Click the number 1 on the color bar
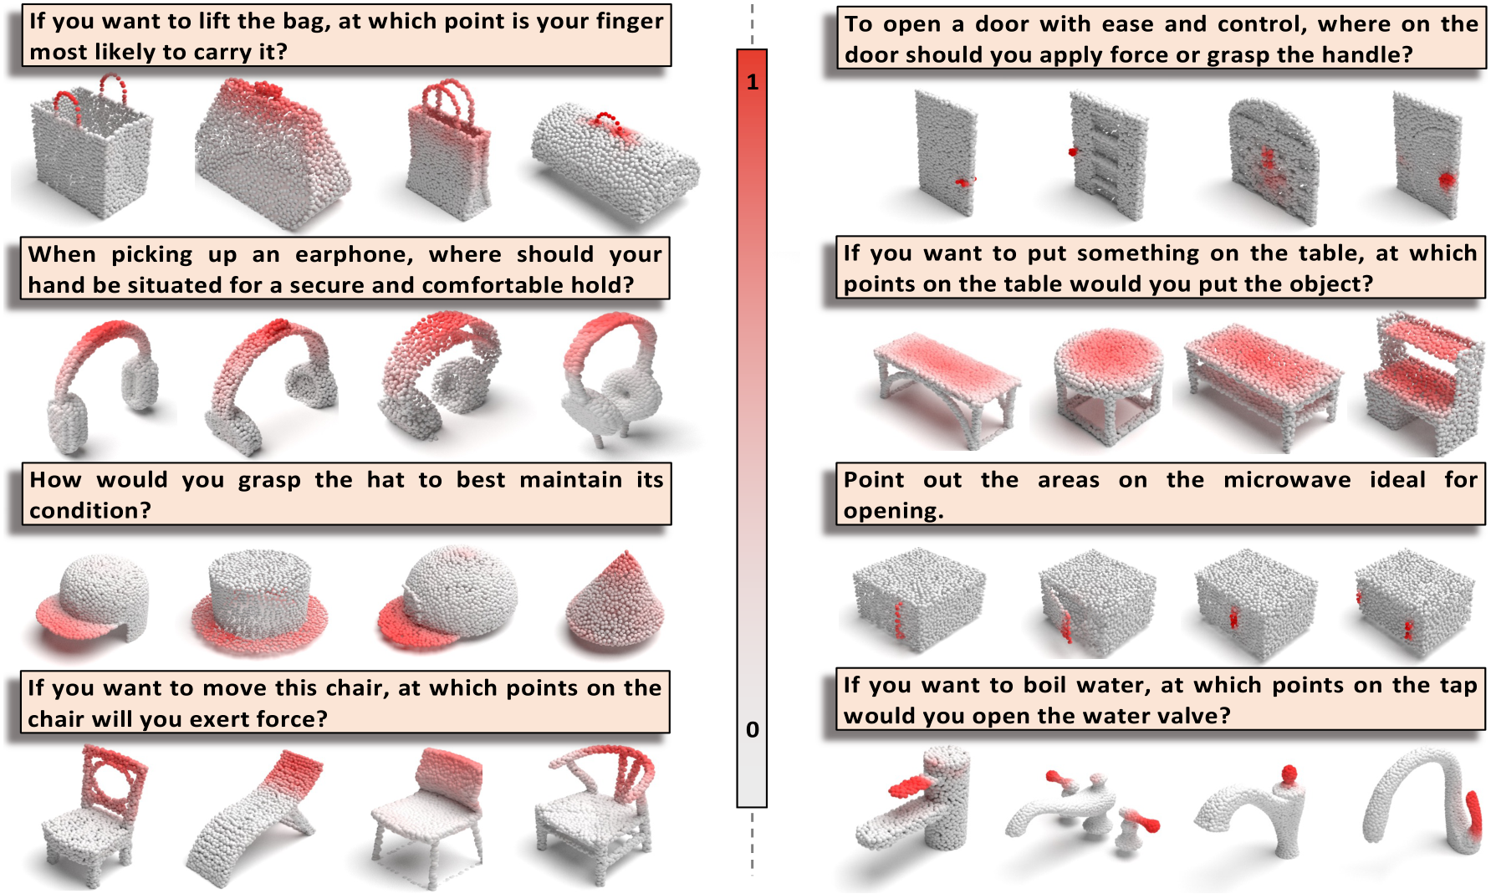coord(752,82)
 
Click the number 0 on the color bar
coord(752,729)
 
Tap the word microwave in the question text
coord(1286,480)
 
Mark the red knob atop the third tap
coord(1289,774)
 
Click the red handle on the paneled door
coord(1073,152)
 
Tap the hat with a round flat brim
coord(259,602)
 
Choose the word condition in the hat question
coord(89,510)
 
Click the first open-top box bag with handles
coord(90,151)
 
